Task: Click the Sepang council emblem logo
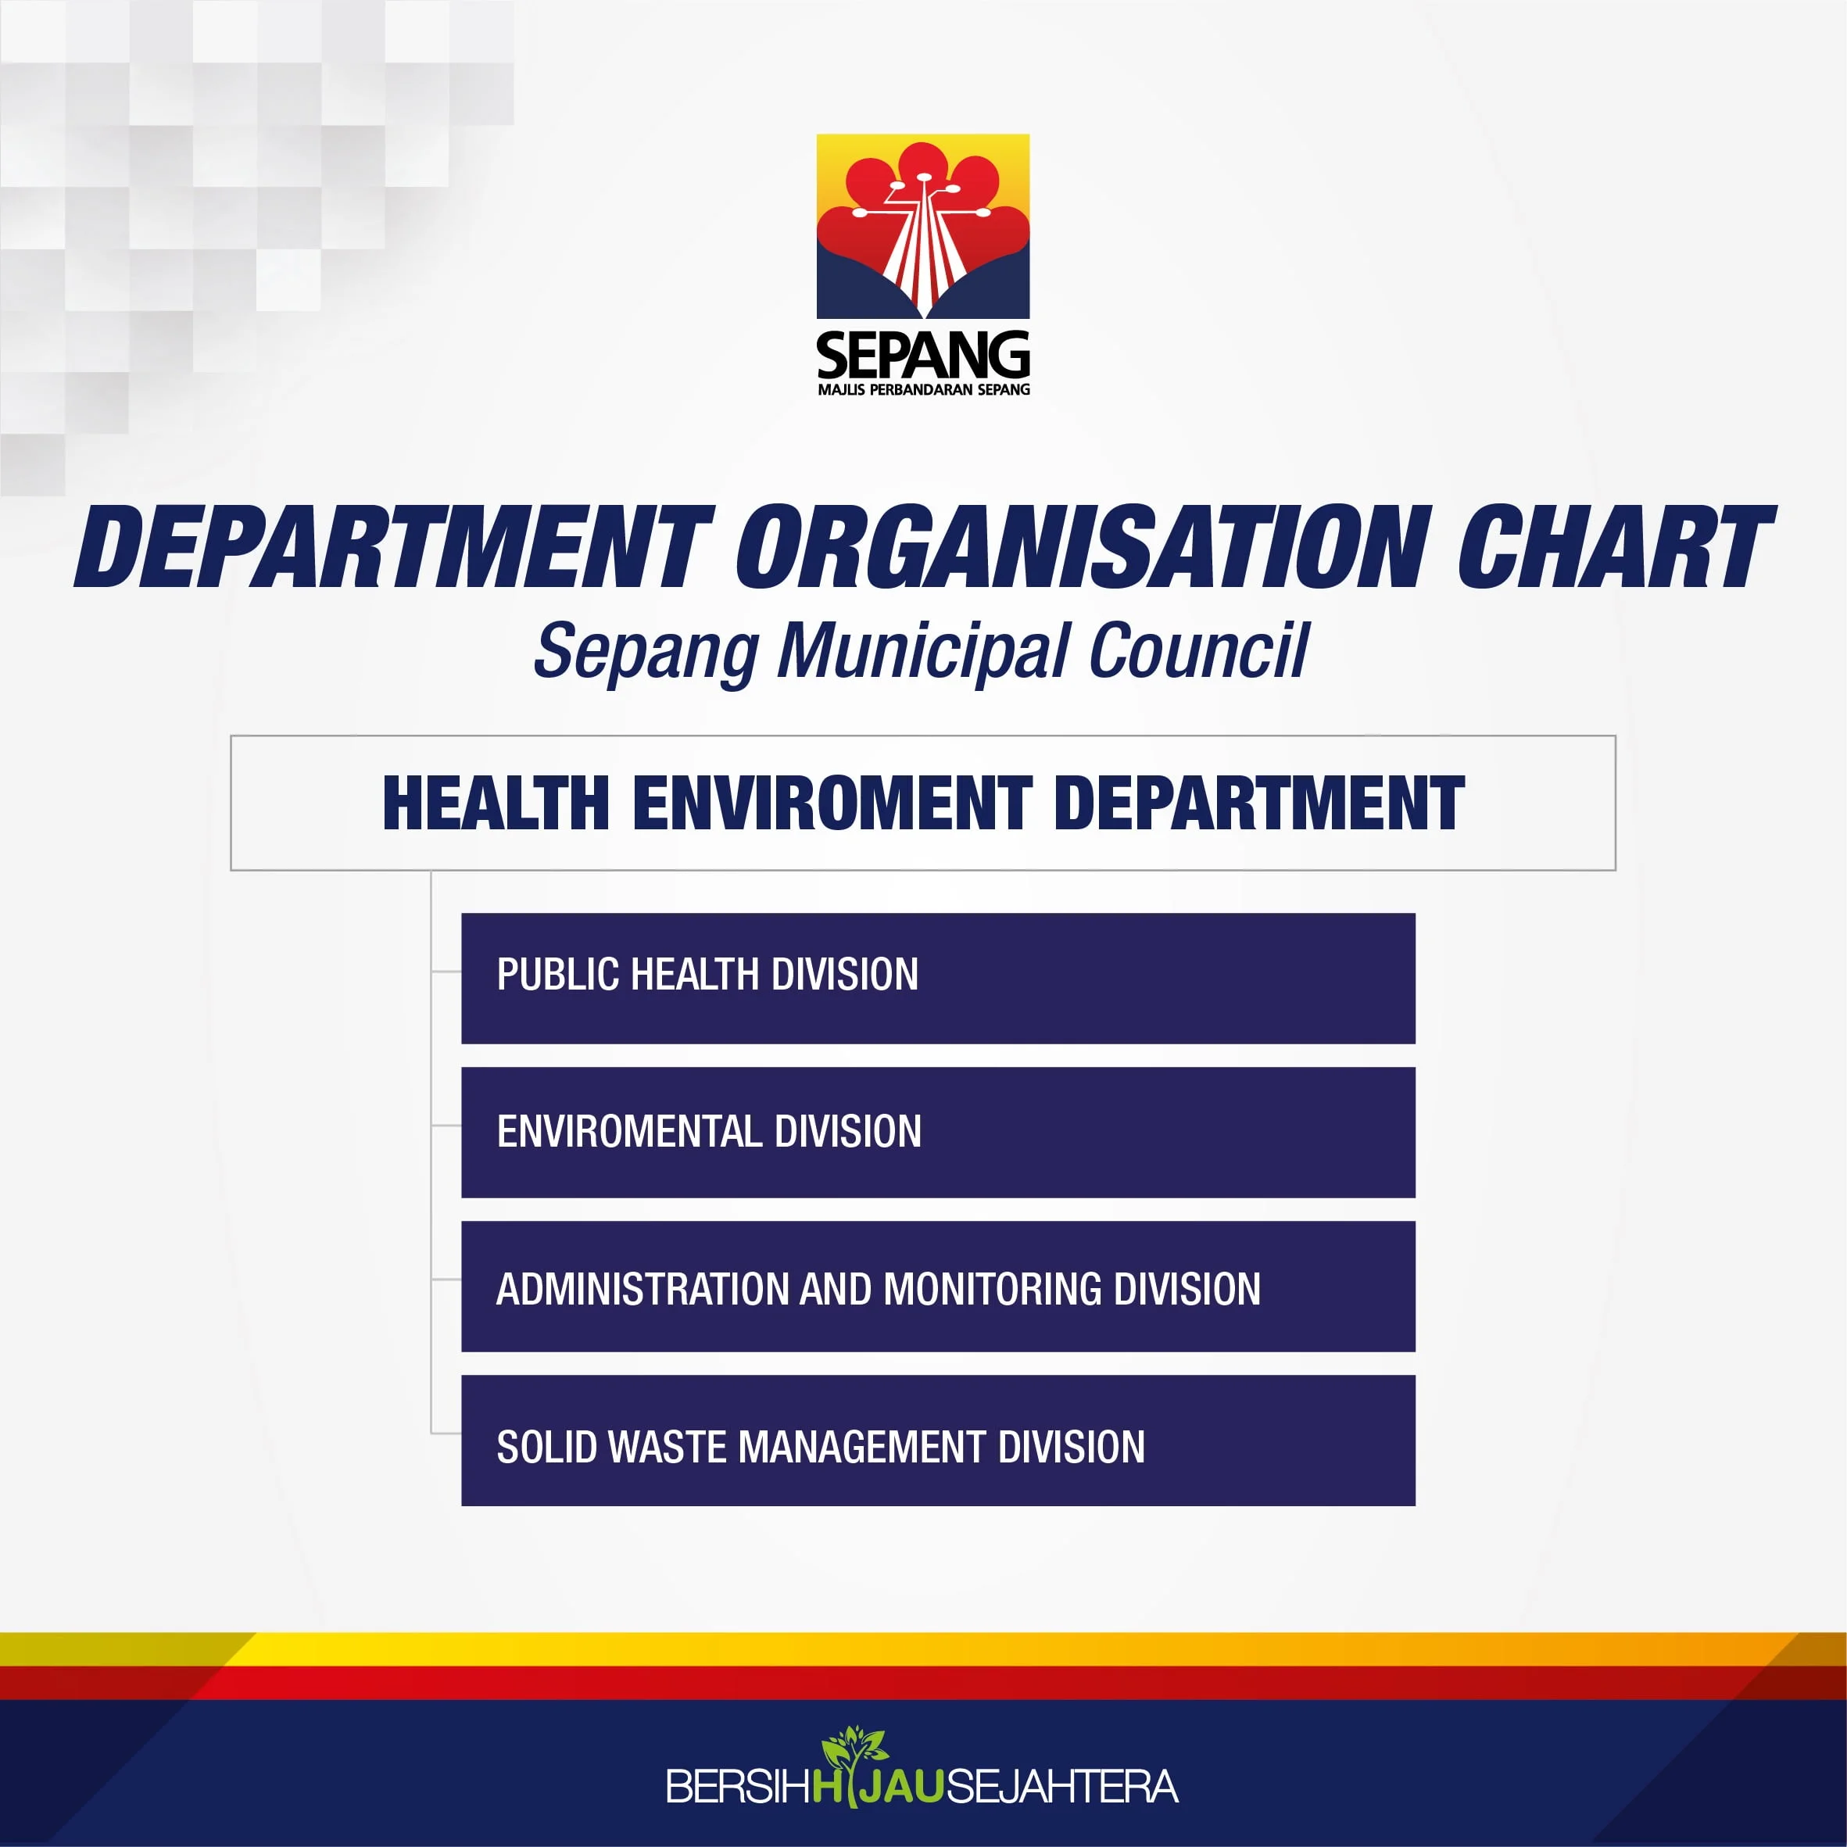point(922,227)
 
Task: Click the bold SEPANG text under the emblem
point(922,356)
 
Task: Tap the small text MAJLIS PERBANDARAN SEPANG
point(924,389)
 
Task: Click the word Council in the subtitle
point(1198,650)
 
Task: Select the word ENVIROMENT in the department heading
point(832,803)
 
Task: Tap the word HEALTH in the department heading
point(496,803)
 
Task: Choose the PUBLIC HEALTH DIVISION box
point(938,978)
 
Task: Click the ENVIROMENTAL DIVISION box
point(938,1132)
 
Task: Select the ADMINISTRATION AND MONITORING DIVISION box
point(938,1286)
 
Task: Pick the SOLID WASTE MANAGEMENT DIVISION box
point(938,1441)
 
